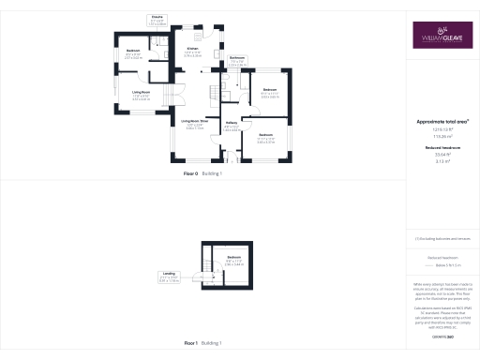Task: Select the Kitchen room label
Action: click(x=191, y=49)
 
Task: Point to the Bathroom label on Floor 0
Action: click(x=237, y=58)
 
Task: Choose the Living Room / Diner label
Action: click(x=194, y=121)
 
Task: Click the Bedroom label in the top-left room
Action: click(x=133, y=50)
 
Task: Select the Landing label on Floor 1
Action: click(x=194, y=276)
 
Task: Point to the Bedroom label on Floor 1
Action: click(x=233, y=257)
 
